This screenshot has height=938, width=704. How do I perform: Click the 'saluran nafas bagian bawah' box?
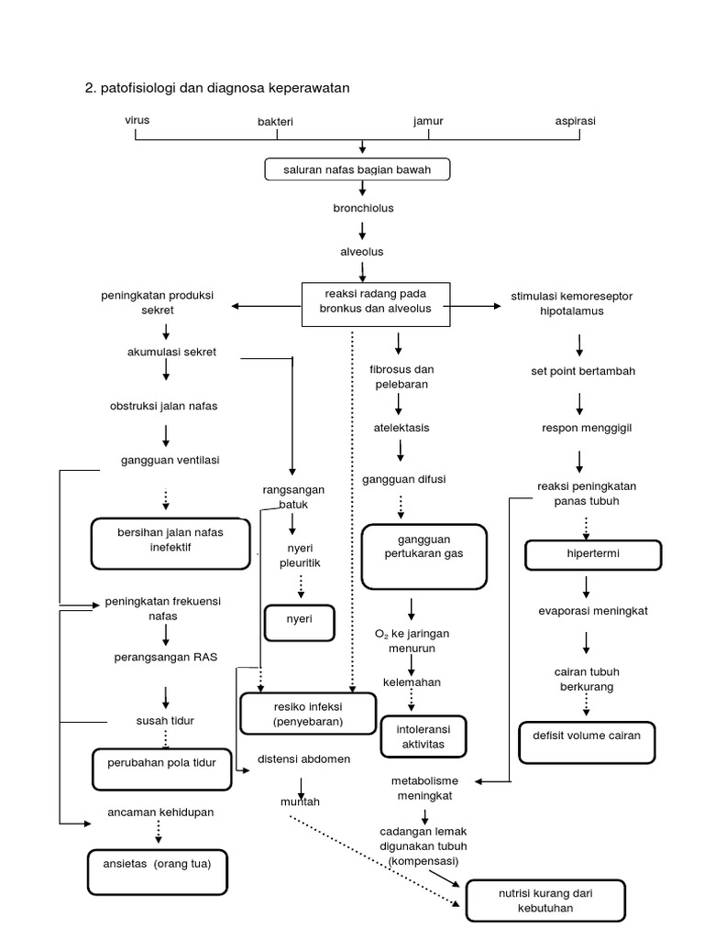point(362,169)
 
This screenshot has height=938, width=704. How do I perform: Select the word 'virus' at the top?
point(137,120)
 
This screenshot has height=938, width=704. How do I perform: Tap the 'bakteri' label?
point(277,121)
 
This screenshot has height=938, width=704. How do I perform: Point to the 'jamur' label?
point(428,121)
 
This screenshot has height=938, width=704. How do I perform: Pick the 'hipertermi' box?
point(592,554)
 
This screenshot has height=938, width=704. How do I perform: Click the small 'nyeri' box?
point(300,623)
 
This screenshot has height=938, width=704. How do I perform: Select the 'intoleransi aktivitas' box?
point(423,737)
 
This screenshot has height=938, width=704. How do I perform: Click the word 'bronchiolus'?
point(363,208)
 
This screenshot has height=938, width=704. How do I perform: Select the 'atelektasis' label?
point(401,428)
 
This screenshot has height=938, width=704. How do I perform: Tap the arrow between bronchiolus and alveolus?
point(363,229)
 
